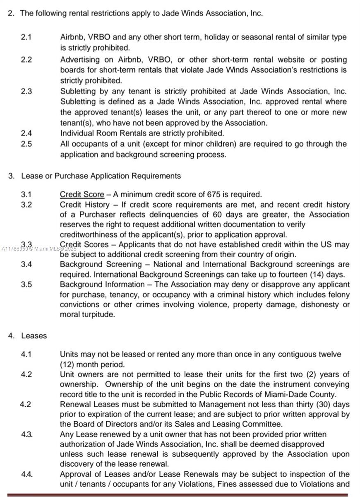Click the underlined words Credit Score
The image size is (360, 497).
click(82, 194)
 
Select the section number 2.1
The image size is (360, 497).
click(26, 37)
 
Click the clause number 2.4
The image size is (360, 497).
click(26, 133)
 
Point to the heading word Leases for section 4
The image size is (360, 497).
click(34, 335)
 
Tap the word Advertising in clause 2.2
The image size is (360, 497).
click(80, 60)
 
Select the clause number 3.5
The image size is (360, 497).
click(26, 285)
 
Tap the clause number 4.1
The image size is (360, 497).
click(26, 354)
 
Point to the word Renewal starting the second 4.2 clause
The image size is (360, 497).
click(75, 404)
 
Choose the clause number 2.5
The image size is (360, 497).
click(26, 144)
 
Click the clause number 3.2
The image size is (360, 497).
click(26, 204)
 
